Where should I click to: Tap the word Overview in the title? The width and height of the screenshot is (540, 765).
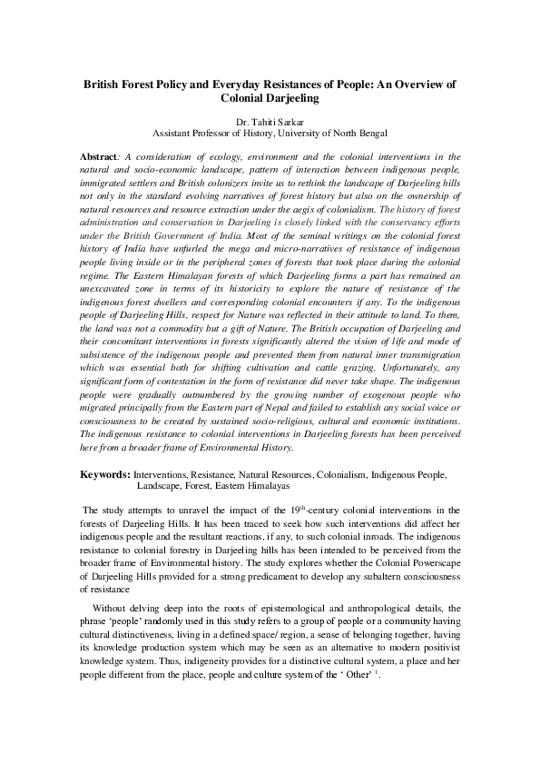click(412, 83)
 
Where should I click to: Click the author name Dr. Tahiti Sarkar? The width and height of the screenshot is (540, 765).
click(270, 118)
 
